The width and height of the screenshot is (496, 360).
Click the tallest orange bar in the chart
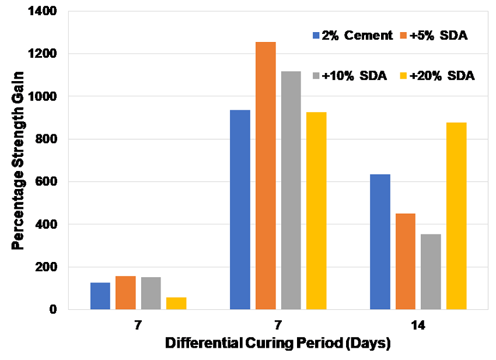point(266,175)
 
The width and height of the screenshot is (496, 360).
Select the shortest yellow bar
point(176,303)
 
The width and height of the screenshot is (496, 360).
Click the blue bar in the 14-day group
point(380,242)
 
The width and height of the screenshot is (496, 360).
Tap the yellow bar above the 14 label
point(457,216)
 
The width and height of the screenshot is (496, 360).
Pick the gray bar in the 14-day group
point(431,271)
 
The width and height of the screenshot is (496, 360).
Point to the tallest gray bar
point(291,190)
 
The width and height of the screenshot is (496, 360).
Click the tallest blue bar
point(240,209)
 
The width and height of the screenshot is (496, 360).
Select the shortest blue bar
point(100,296)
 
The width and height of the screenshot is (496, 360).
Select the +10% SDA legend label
point(350,76)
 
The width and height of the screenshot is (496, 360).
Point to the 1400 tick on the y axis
point(44,11)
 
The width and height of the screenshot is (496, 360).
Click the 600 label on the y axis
point(47,181)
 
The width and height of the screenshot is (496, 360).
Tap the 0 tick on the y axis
point(53,310)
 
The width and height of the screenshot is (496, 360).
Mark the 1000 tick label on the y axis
point(44,96)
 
